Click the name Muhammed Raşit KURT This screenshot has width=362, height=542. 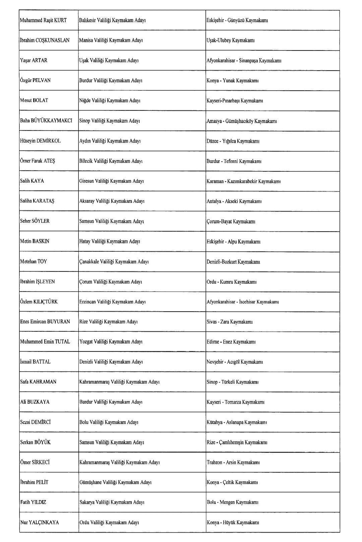click(x=43, y=20)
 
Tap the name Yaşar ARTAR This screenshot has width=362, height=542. click(x=34, y=61)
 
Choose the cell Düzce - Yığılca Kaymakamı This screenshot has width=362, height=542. click(x=233, y=141)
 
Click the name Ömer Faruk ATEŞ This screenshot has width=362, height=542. click(x=38, y=161)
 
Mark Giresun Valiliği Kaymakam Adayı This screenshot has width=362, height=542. click(x=111, y=181)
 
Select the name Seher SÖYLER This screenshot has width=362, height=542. click(x=35, y=221)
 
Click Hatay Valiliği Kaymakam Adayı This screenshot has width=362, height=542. click(x=110, y=241)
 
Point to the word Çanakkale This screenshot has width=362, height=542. click(x=89, y=261)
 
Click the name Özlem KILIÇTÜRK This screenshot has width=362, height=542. click(x=39, y=302)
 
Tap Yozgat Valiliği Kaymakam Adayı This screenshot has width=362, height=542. click(x=111, y=342)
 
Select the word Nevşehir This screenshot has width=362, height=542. click(x=215, y=362)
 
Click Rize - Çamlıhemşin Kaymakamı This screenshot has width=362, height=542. click(x=237, y=442)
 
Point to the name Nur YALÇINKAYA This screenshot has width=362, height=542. click(x=40, y=523)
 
